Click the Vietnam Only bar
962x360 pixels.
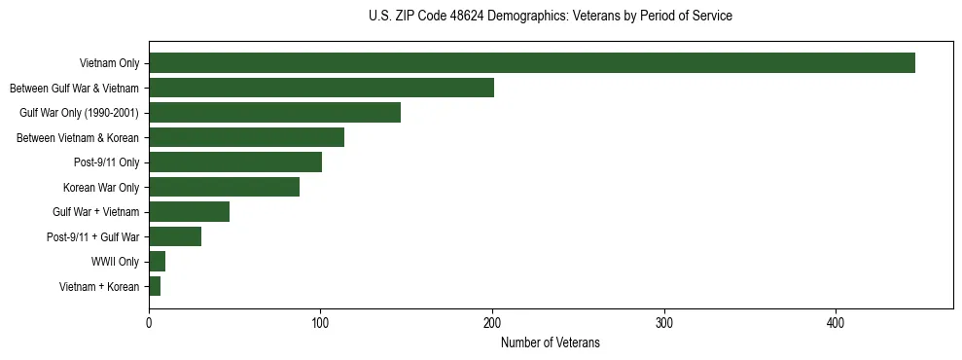532,63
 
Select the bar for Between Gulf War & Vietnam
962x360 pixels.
321,89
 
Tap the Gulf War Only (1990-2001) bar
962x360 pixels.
274,113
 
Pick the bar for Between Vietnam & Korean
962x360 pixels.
246,138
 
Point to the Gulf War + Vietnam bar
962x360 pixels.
189,212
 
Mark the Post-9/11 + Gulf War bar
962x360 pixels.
175,236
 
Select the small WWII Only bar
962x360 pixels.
157,262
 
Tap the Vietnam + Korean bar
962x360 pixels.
155,286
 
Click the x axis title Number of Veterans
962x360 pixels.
551,342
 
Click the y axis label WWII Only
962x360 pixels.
115,262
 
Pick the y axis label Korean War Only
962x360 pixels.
101,187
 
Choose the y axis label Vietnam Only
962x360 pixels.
109,64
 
